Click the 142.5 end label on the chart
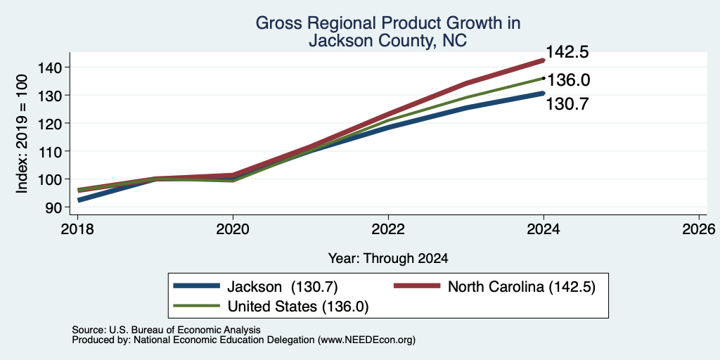pyautogui.click(x=567, y=52)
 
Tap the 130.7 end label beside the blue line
pyautogui.click(x=567, y=104)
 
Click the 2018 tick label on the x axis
pyautogui.click(x=77, y=229)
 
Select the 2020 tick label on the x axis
pyautogui.click(x=233, y=229)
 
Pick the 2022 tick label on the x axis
pyautogui.click(x=388, y=229)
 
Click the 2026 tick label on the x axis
pyautogui.click(x=700, y=229)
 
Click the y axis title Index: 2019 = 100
pyautogui.click(x=22, y=134)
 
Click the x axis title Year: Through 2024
pyautogui.click(x=388, y=259)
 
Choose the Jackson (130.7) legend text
pyautogui.click(x=283, y=287)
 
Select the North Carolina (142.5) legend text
pyautogui.click(x=522, y=287)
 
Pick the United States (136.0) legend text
pyautogui.click(x=298, y=307)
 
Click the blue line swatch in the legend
pyautogui.click(x=197, y=287)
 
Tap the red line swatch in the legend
pyautogui.click(x=417, y=287)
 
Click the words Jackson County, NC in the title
pyautogui.click(x=388, y=41)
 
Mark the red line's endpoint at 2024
pyautogui.click(x=544, y=60)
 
